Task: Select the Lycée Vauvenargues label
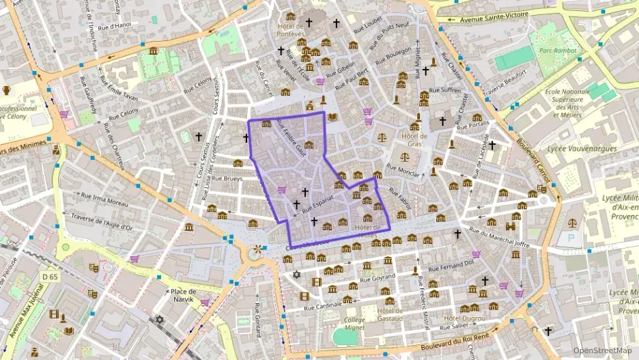point(583,148)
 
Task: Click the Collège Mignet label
point(355,323)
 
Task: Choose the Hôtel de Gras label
point(414,139)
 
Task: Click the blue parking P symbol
point(571,238)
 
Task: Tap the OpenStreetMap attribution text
point(602,350)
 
